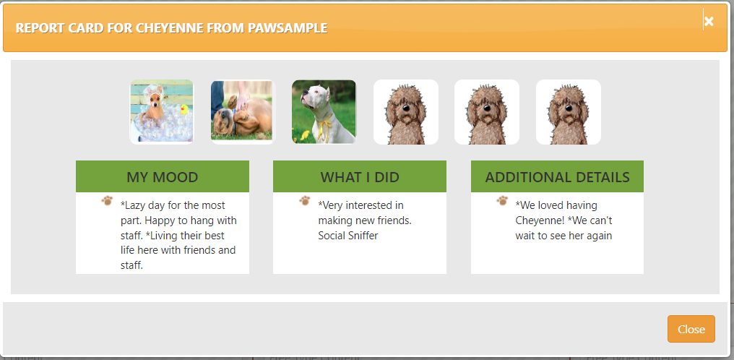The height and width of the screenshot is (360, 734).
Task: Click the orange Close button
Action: [691, 329]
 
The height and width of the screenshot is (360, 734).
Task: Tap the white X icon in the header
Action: [709, 21]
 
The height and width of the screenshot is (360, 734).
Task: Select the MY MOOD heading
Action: [163, 177]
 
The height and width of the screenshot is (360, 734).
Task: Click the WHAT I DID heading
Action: [360, 177]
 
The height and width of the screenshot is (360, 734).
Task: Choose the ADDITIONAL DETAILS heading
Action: [557, 177]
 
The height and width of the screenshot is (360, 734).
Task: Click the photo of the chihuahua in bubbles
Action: [162, 112]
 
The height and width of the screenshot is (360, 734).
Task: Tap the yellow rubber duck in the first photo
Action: [184, 110]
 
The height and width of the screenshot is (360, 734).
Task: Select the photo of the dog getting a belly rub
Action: [243, 112]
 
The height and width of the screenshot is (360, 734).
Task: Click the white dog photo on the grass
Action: [324, 112]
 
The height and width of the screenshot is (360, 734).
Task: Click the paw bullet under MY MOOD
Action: [107, 201]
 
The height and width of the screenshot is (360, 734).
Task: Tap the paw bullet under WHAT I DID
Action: [305, 201]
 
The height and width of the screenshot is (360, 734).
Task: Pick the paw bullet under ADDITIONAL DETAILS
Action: [502, 201]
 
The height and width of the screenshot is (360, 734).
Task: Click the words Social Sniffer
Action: [347, 236]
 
